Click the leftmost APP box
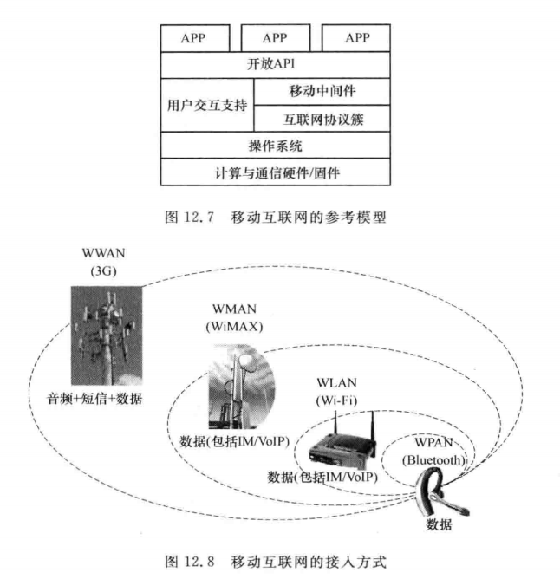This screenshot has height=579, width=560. (196, 38)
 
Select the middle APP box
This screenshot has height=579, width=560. (274, 38)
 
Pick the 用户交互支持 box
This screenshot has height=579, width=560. (206, 105)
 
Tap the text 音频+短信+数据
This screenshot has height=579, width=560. (96, 399)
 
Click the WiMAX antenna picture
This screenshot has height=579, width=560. (241, 381)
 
